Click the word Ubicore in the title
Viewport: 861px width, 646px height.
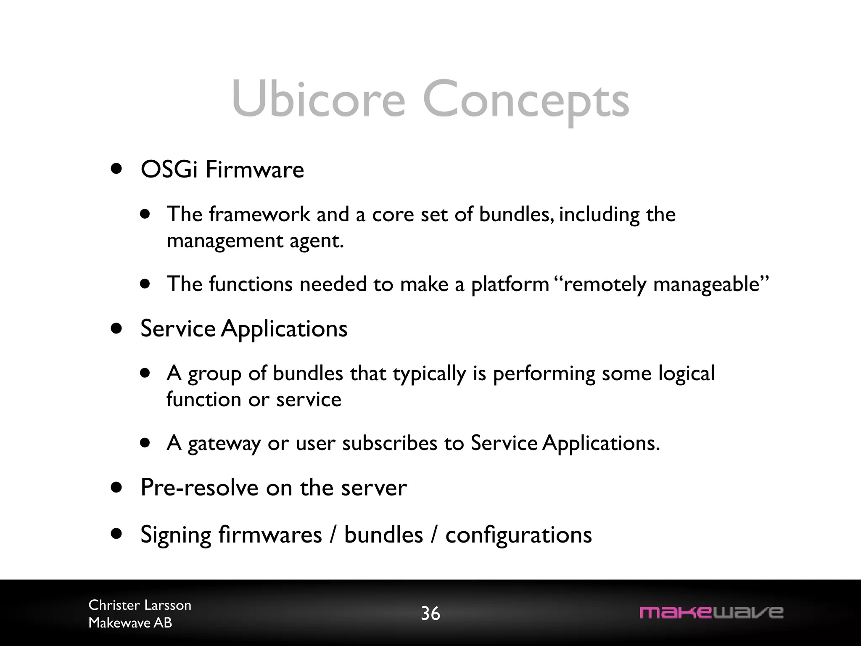click(x=318, y=100)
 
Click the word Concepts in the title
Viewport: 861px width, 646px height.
click(x=526, y=101)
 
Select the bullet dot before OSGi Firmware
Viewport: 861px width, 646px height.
click(x=116, y=169)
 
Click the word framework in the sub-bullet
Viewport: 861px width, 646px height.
click(x=259, y=214)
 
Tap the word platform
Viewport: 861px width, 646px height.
click(x=510, y=284)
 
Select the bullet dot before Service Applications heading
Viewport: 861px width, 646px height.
click(x=116, y=328)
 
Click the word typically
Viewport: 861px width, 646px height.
click(x=429, y=374)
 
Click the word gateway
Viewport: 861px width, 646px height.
click(x=224, y=444)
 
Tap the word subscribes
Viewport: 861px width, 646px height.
click(x=389, y=443)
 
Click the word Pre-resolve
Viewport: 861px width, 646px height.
click(x=199, y=488)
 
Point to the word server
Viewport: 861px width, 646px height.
click(x=374, y=488)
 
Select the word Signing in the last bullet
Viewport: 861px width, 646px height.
click(x=175, y=535)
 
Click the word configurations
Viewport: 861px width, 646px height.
click(x=518, y=535)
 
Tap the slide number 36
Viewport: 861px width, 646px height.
click(x=430, y=614)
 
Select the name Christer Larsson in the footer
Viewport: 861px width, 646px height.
click(x=140, y=605)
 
